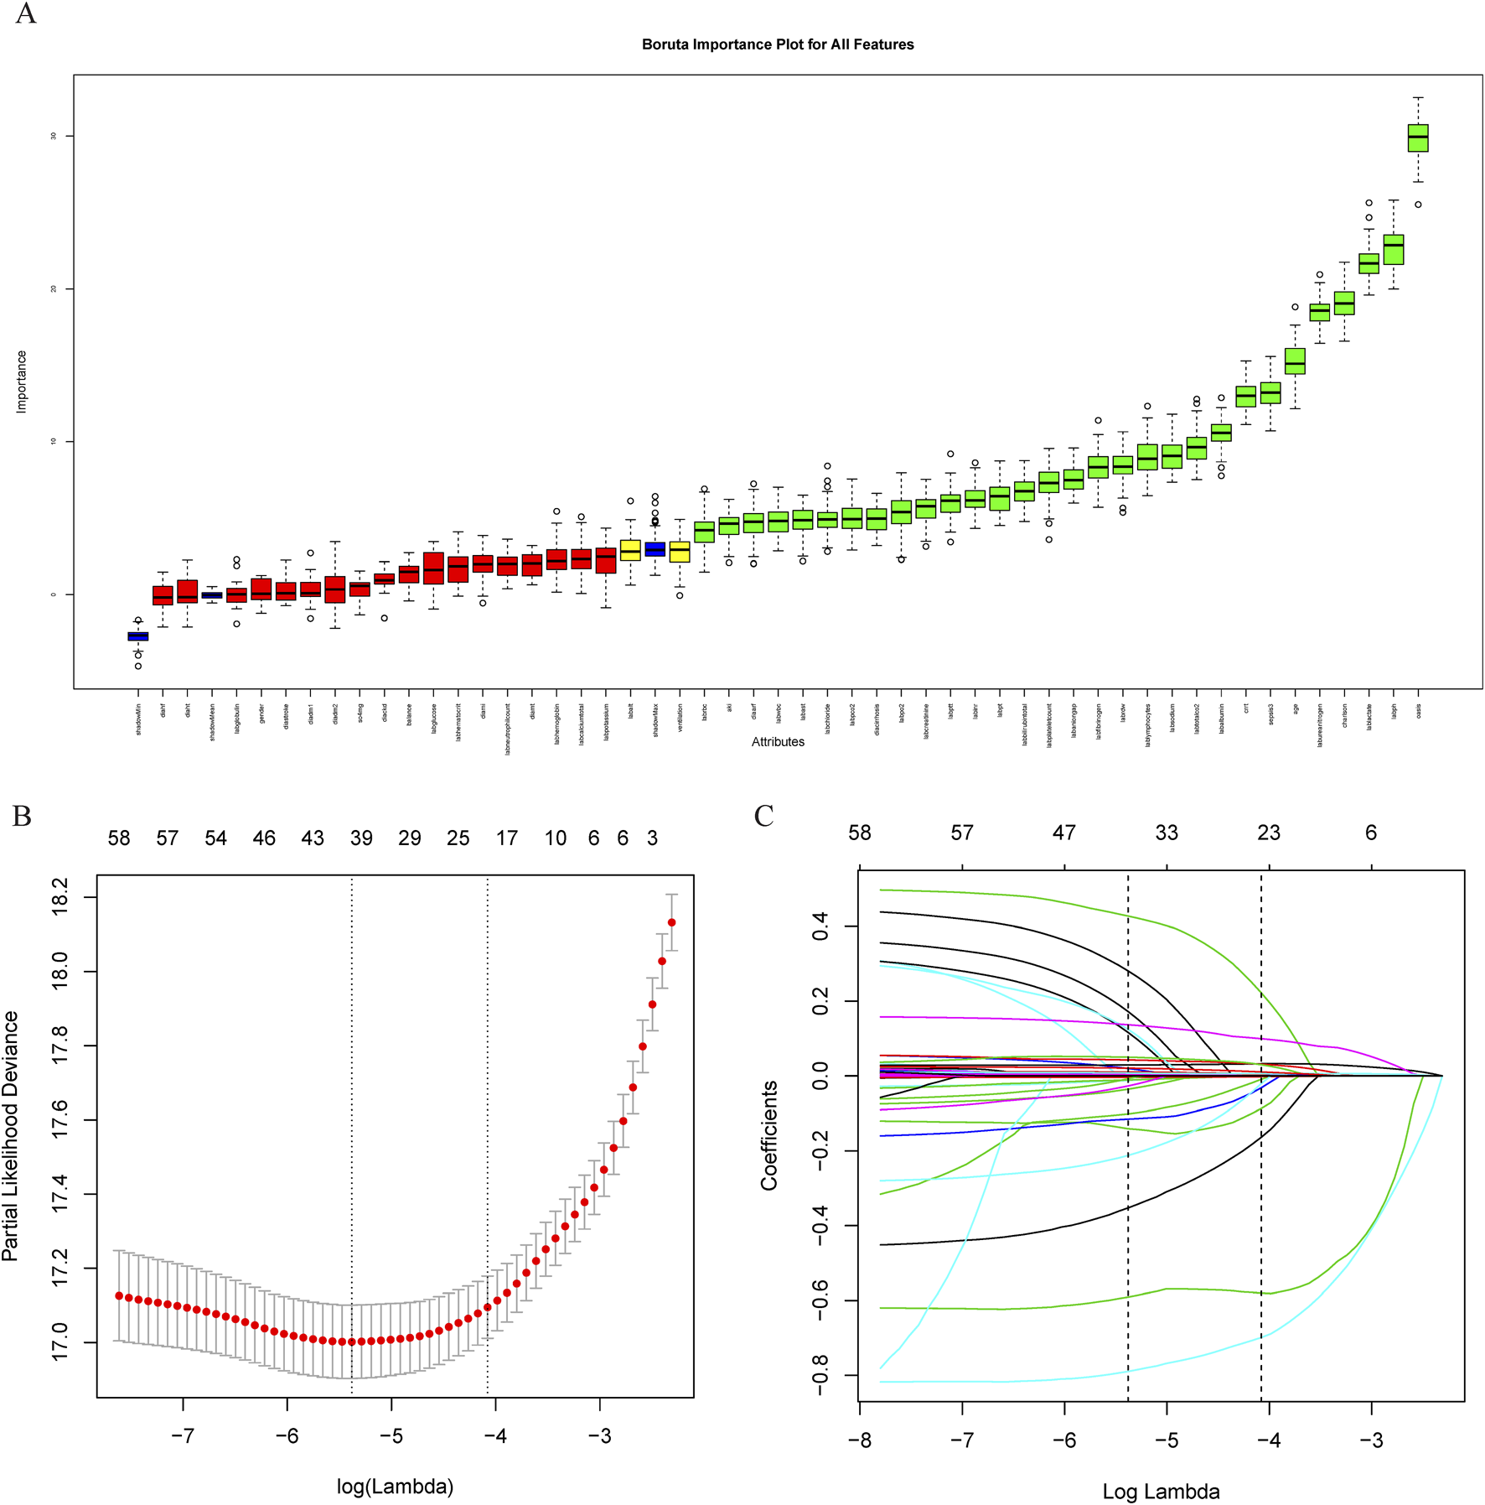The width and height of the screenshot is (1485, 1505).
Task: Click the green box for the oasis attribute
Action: click(1418, 138)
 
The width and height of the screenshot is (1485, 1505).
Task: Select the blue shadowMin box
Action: click(138, 636)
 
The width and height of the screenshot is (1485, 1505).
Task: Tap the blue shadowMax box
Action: click(655, 550)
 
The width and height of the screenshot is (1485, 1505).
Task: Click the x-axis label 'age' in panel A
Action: click(1296, 709)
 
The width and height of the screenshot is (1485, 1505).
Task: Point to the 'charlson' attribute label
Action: click(1344, 715)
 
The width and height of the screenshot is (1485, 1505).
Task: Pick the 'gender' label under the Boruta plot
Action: click(261, 714)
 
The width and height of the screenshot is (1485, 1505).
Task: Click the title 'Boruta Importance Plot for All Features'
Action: click(777, 44)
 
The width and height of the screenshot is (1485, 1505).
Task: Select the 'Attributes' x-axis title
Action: click(777, 742)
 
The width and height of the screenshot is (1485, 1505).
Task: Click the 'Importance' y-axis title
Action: click(22, 381)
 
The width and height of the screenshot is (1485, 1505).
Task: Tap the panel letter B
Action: click(22, 817)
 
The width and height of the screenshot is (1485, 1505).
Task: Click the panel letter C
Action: click(763, 817)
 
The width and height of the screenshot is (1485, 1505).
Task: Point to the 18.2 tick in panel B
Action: click(60, 898)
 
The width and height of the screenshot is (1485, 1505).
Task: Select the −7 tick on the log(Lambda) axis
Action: click(183, 1435)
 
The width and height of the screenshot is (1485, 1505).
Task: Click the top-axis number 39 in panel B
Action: click(361, 838)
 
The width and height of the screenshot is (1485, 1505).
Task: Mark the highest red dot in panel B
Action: click(671, 922)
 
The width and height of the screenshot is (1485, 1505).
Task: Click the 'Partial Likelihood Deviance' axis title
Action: click(11, 1136)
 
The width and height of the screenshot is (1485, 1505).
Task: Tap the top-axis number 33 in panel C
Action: click(1167, 833)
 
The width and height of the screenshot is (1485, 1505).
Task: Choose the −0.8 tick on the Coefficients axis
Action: click(820, 1375)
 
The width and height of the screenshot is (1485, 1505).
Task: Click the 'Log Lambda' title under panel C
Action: click(1161, 1492)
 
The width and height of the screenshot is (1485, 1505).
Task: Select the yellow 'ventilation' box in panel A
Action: click(680, 552)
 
